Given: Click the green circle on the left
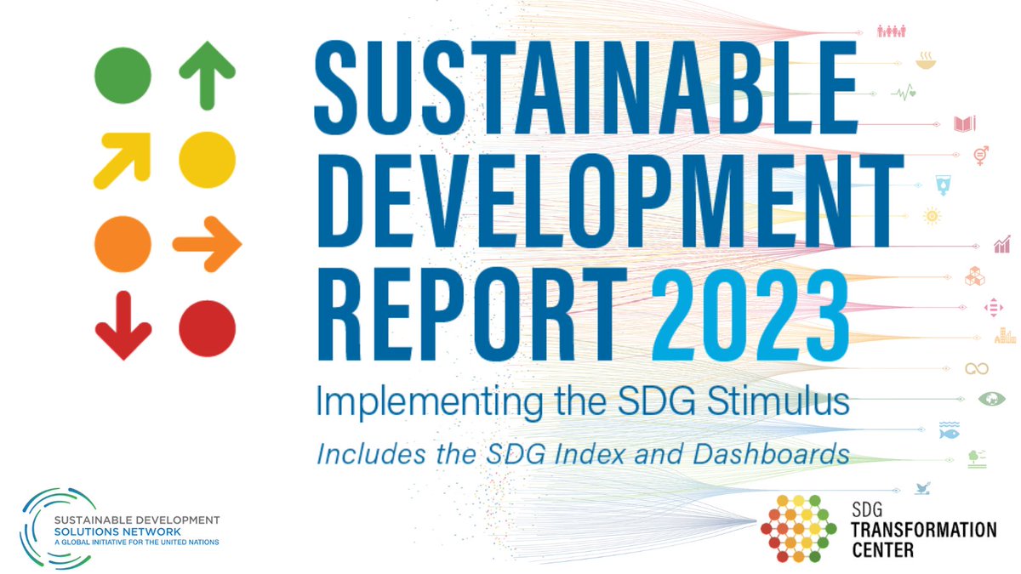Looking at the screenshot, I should [123, 75].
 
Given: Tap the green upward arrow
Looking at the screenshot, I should [208, 77].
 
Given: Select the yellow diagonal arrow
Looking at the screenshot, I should [123, 158].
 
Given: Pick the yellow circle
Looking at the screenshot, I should [208, 159].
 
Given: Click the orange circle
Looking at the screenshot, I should [123, 245].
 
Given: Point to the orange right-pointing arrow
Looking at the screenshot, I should [208, 245].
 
